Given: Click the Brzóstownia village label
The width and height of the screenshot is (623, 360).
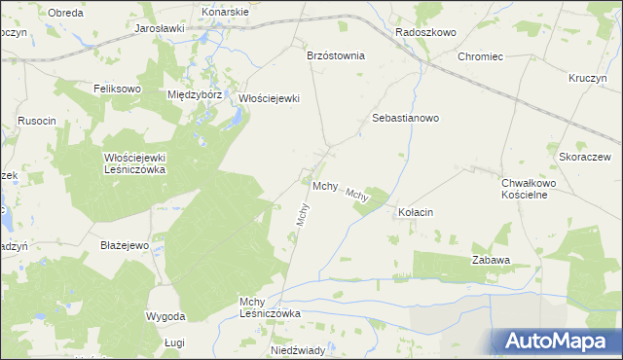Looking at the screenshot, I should click(335, 55).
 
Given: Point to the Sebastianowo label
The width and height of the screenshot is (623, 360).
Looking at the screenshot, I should click(406, 118).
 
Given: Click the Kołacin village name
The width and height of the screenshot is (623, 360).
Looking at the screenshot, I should click(416, 212).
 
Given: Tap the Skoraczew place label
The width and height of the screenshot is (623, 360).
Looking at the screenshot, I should click(584, 157).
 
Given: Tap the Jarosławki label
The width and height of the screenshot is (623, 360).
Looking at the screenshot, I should click(160, 29).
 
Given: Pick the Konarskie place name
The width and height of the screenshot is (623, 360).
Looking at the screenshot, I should click(225, 12).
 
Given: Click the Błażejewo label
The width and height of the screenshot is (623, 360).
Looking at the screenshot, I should click(125, 245).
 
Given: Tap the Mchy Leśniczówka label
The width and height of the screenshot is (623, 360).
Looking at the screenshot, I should click(270, 307).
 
